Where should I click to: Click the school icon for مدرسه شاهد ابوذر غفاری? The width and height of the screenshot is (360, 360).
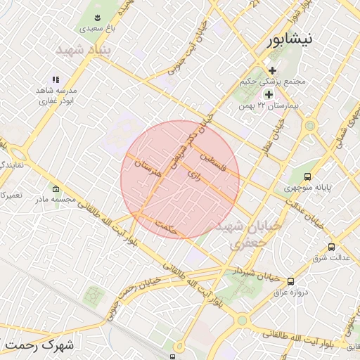[55, 80]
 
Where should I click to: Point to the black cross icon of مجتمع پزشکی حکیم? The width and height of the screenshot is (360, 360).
[272, 70]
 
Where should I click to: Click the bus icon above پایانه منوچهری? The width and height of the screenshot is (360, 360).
[307, 177]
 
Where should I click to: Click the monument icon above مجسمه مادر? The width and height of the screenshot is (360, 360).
[56, 188]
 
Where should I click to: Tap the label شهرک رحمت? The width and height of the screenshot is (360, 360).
[42, 346]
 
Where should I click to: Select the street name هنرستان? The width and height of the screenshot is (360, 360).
[149, 167]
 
